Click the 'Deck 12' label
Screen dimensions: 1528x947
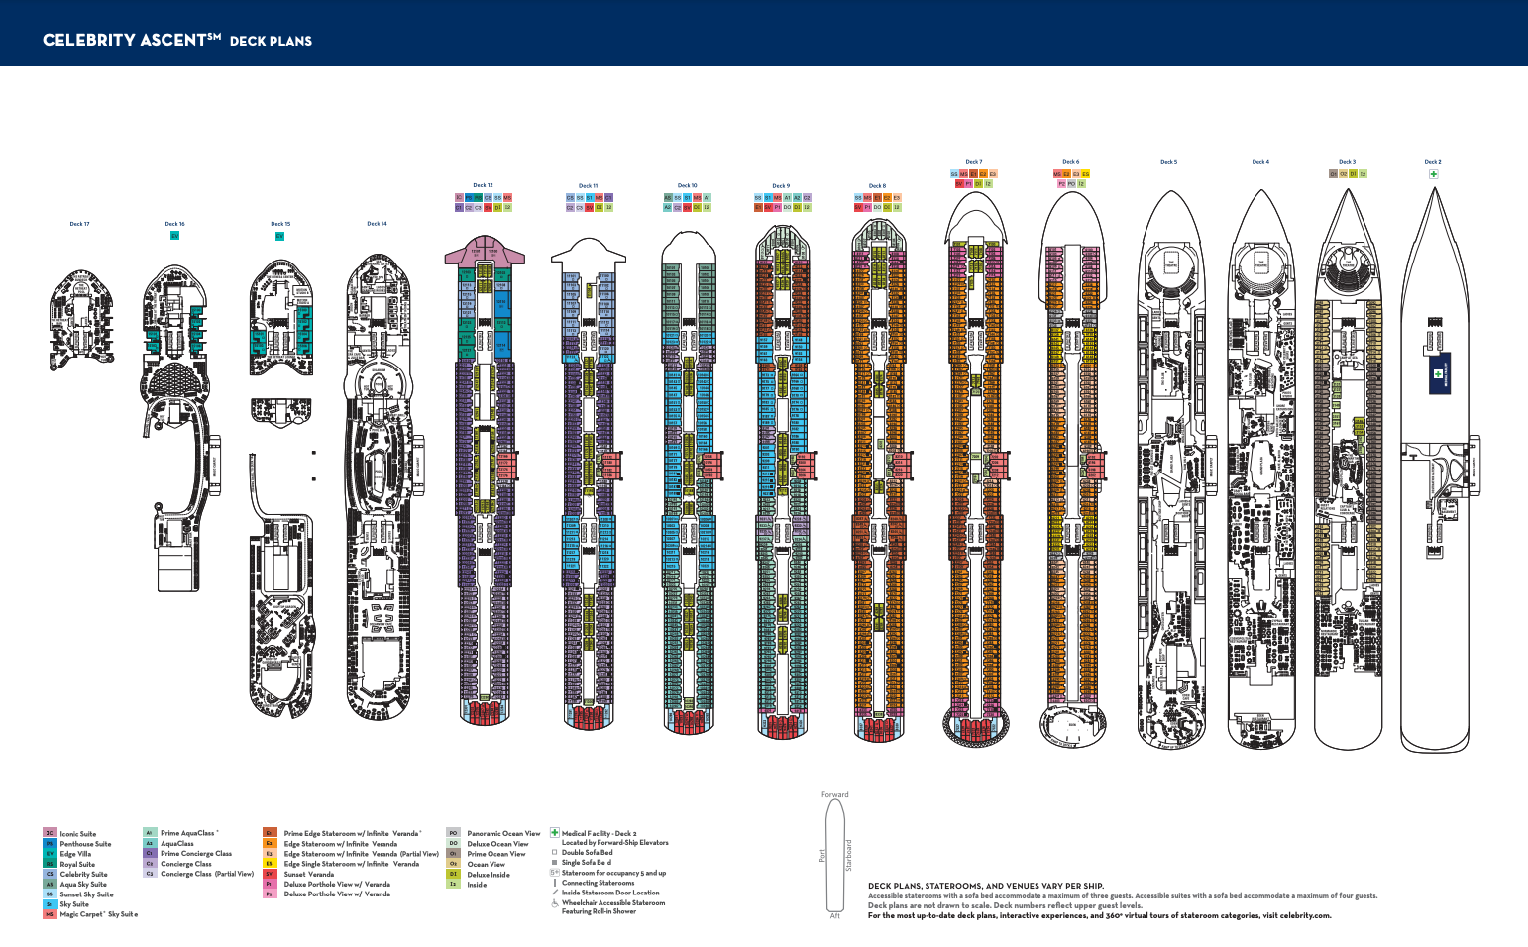[x=483, y=185]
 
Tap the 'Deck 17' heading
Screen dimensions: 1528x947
[x=79, y=224]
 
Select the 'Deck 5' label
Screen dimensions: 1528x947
[x=1168, y=162]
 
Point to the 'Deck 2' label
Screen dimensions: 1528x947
[x=1432, y=162]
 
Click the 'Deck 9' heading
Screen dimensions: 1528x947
[x=781, y=186]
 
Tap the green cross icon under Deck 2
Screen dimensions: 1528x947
[x=1433, y=174]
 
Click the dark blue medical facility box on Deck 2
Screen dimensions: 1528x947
[x=1439, y=373]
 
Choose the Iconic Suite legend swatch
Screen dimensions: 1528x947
[x=50, y=834]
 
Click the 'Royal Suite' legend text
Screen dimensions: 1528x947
[x=77, y=865]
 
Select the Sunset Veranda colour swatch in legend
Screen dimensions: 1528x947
[x=269, y=875]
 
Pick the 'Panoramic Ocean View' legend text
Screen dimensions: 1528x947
[x=503, y=834]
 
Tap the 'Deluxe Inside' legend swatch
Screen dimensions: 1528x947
[x=453, y=875]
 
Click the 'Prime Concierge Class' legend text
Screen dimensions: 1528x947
[x=196, y=854]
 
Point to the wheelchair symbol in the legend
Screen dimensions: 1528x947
[x=555, y=903]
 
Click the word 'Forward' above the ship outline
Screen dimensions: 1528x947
[x=834, y=794]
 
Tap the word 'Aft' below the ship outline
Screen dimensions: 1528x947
[x=834, y=916]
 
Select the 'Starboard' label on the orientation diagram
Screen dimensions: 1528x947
[x=848, y=856]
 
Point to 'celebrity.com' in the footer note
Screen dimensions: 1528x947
[x=1305, y=916]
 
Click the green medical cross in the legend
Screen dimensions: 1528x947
[x=555, y=833]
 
